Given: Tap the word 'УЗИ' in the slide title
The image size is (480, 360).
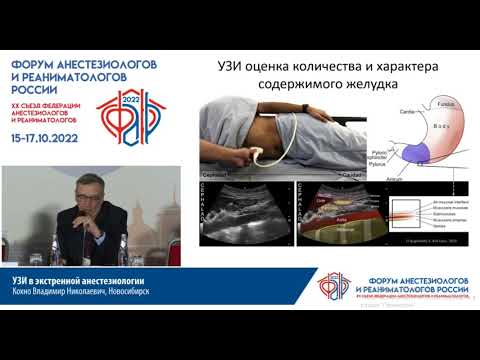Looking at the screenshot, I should (234, 66).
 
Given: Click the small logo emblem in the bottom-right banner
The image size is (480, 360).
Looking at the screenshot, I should (328, 285).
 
